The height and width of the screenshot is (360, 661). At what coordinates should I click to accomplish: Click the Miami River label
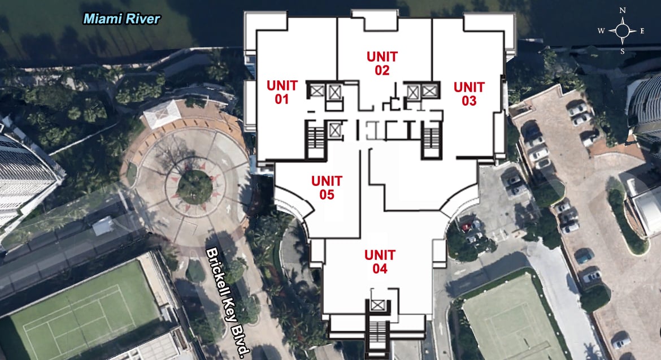click(x=122, y=19)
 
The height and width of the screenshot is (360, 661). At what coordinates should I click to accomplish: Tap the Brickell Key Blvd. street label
click(x=228, y=302)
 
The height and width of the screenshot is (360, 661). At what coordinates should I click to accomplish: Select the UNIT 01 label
click(x=282, y=92)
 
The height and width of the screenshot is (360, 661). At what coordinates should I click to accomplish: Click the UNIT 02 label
click(x=382, y=63)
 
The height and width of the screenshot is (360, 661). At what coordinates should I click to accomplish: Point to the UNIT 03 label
click(x=469, y=94)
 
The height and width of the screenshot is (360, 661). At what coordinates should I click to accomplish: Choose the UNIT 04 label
click(x=380, y=262)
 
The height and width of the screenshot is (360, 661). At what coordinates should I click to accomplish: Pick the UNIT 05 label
click(x=327, y=188)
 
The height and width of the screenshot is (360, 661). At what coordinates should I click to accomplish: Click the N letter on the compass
click(x=623, y=11)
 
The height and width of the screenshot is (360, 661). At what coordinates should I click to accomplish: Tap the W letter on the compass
click(x=601, y=31)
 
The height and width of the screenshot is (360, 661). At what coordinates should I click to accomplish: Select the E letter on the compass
click(x=642, y=31)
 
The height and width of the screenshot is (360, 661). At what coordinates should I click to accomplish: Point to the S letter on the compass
click(x=622, y=52)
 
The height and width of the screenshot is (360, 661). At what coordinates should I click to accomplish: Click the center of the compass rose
click(x=623, y=31)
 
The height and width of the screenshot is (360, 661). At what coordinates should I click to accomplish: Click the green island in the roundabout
click(x=194, y=187)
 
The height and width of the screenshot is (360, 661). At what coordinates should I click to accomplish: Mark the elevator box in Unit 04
click(x=377, y=305)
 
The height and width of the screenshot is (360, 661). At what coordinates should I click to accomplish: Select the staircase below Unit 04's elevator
click(x=377, y=335)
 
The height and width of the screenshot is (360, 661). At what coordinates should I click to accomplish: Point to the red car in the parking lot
click(x=466, y=228)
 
